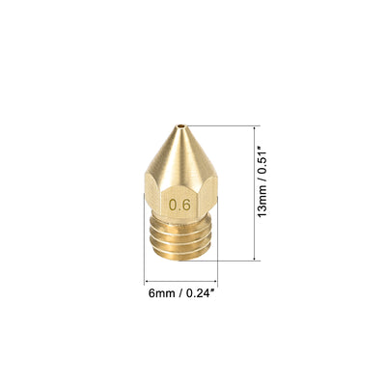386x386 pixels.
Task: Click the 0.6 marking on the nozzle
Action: [x=180, y=205]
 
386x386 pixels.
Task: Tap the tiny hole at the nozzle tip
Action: [x=181, y=125]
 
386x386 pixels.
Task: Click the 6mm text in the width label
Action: [x=162, y=293]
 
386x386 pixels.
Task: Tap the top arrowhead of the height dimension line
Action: [x=255, y=128]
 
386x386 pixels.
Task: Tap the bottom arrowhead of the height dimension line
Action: [x=255, y=258]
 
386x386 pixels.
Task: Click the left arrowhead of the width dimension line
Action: [x=147, y=281]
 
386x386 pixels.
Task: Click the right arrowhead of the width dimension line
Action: [x=215, y=281]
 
